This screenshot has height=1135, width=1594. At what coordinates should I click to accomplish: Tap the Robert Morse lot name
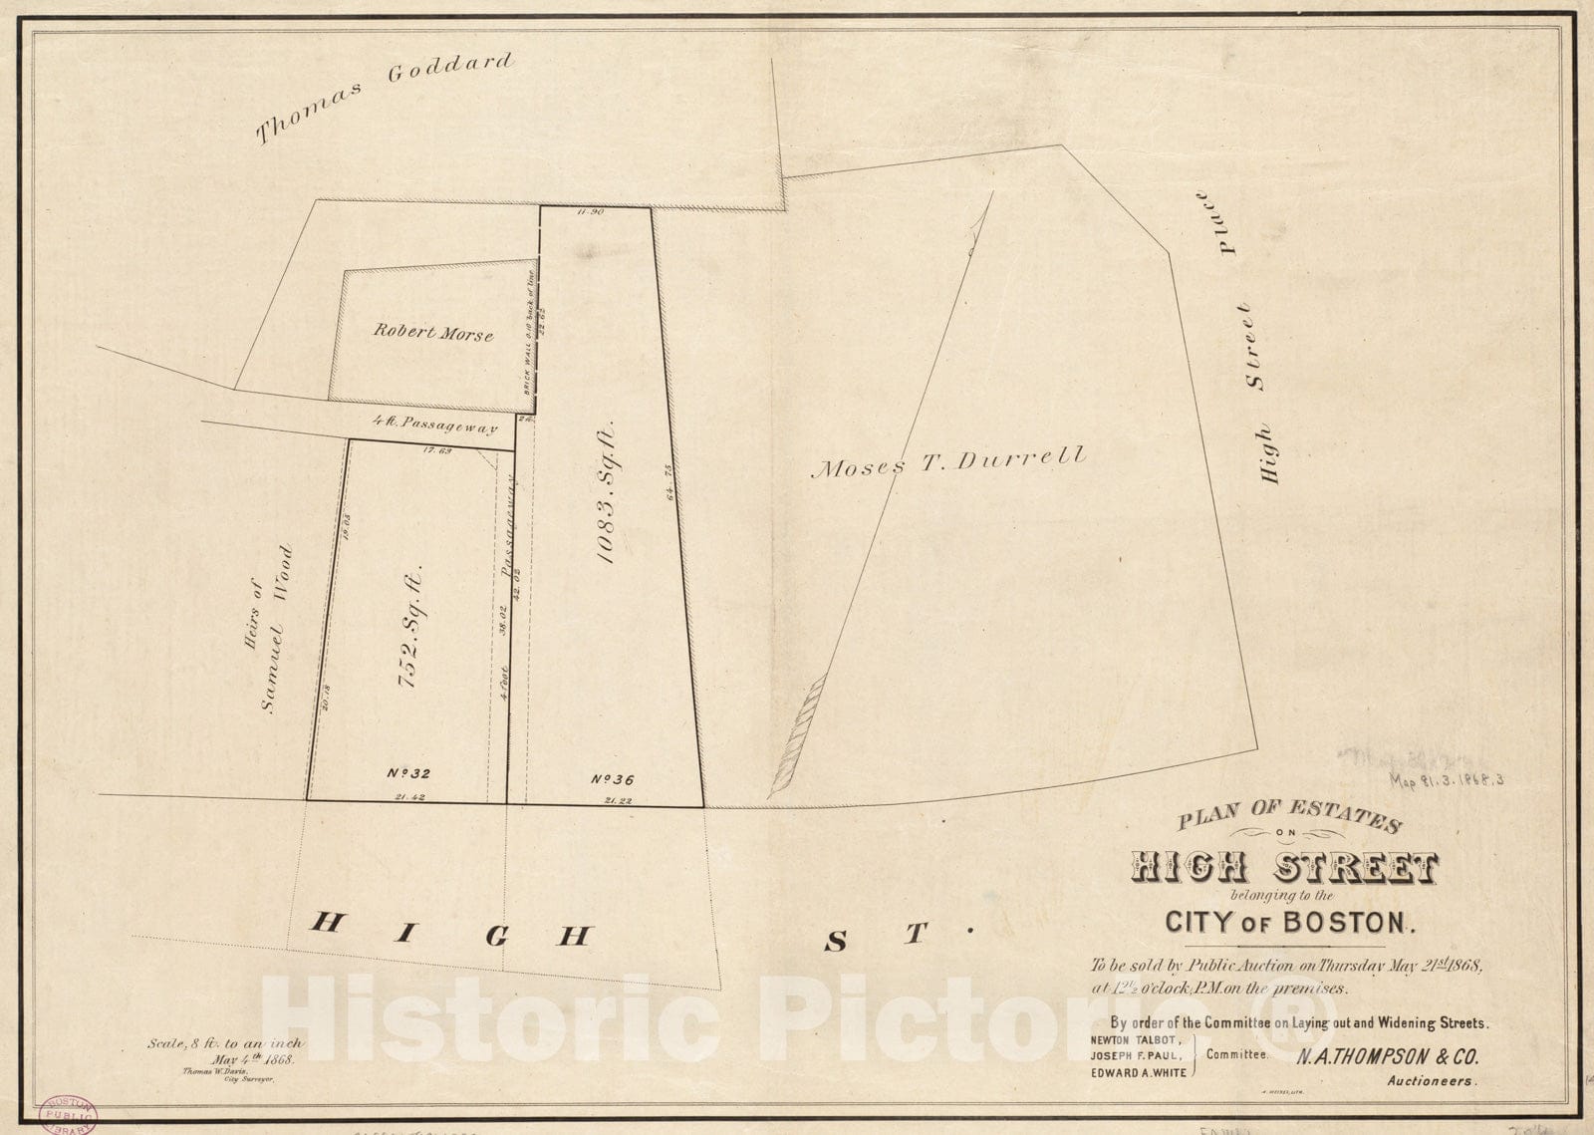pyautogui.click(x=433, y=332)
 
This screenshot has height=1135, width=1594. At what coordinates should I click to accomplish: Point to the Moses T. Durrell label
pyautogui.click(x=947, y=462)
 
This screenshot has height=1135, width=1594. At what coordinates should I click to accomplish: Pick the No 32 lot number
pyautogui.click(x=408, y=772)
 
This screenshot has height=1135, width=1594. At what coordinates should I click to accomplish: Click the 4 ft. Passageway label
pyautogui.click(x=434, y=426)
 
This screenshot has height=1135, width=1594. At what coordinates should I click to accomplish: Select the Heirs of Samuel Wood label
pyautogui.click(x=265, y=629)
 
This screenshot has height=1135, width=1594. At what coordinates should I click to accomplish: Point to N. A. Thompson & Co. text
pyautogui.click(x=1387, y=1058)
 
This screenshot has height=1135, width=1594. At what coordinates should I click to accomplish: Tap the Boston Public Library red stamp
pyautogui.click(x=66, y=1114)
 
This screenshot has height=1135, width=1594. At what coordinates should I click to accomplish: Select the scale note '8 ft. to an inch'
pyautogui.click(x=225, y=1043)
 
